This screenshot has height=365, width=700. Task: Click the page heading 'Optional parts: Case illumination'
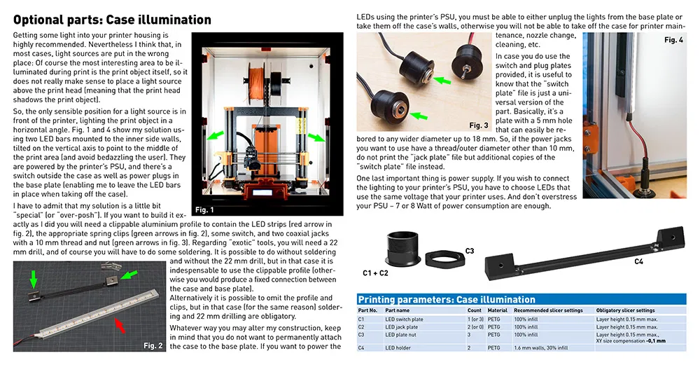112,20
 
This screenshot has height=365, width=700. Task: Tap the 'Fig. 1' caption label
204,209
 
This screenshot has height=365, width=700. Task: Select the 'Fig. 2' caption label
153,345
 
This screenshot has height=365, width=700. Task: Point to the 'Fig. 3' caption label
479,125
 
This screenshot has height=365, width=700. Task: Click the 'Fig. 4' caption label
673,40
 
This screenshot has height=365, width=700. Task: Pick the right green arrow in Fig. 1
318,138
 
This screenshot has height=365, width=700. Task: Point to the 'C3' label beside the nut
469,250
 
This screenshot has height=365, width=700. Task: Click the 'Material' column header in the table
497,310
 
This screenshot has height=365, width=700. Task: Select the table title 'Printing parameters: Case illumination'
446,299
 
